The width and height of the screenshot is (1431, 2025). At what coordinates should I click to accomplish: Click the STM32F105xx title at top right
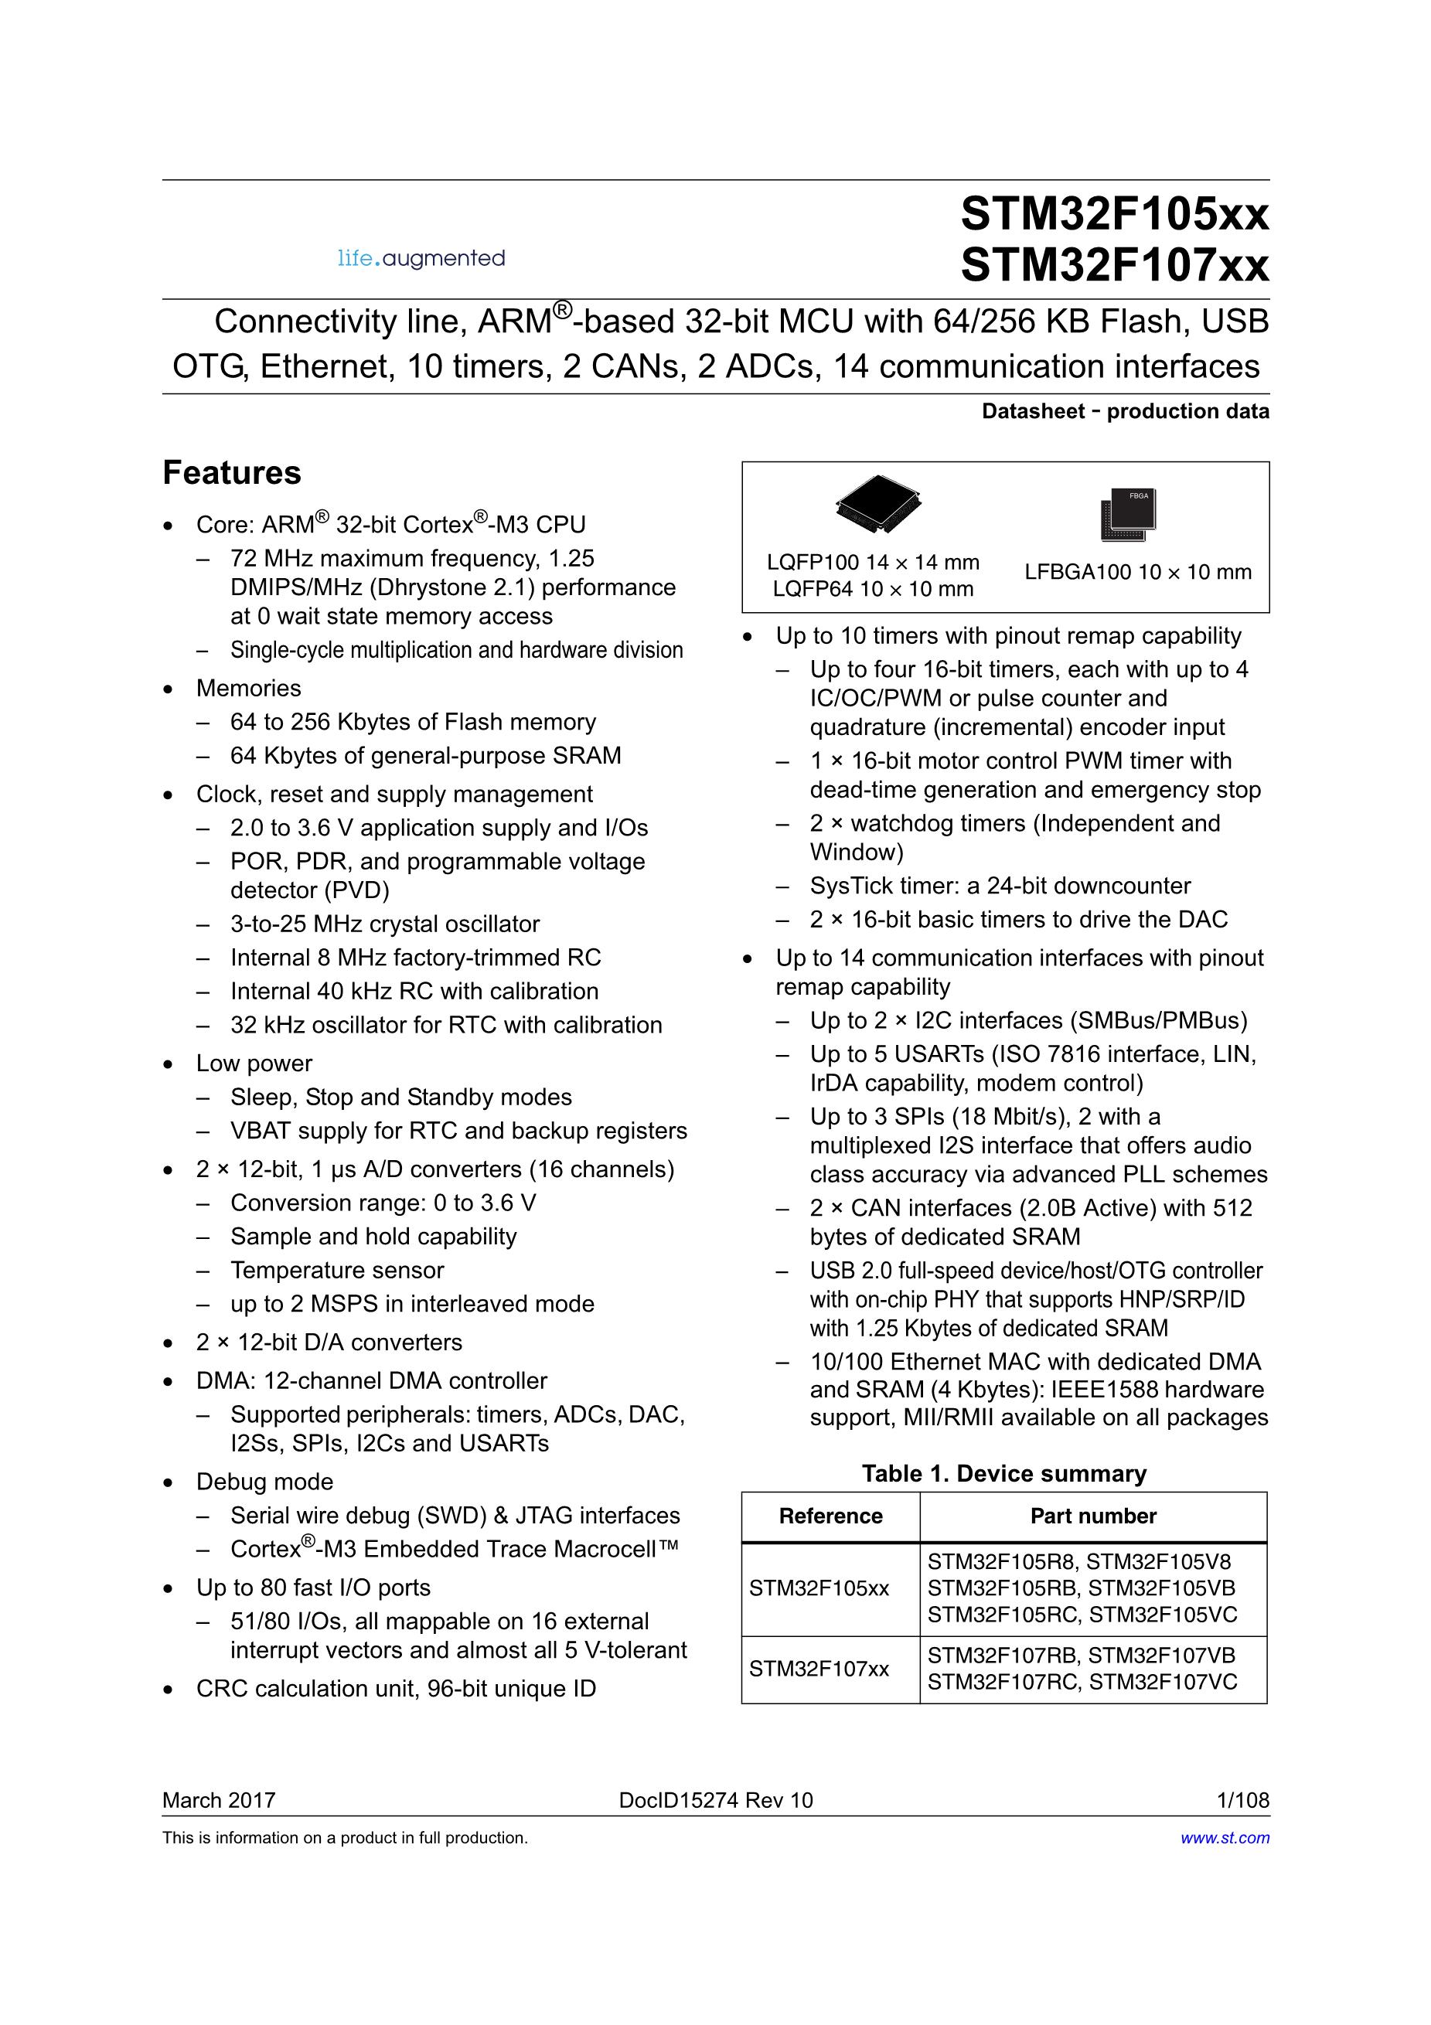pos(1114,213)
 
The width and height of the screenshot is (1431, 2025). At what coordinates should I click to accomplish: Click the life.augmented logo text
pos(421,258)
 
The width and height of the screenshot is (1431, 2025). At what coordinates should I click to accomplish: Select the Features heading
pos(232,473)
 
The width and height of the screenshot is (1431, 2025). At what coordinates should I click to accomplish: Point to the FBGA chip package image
pos(1129,513)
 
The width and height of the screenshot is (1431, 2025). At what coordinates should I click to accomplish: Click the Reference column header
pos(830,1516)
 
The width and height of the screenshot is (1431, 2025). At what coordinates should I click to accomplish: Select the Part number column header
pos(1093,1516)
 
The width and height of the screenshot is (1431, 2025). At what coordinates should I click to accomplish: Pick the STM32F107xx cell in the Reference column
pos(819,1669)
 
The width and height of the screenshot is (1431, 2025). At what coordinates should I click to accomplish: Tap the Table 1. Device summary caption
pos(1004,1474)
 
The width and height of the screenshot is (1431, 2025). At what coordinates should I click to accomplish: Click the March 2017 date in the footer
pos(219,1800)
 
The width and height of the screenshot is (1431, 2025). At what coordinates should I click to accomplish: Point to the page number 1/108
pos(1242,1800)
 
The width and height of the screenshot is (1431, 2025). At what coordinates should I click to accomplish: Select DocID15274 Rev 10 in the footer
pos(716,1800)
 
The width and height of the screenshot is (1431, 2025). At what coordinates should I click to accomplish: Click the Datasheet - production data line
pos(1125,411)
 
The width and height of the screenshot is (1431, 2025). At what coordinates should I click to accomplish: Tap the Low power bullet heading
pos(254,1064)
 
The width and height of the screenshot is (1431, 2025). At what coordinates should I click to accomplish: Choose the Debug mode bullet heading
pos(264,1482)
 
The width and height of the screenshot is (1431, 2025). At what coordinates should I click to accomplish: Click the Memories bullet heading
pos(249,688)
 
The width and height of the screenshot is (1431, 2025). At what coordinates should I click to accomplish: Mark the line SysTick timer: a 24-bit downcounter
pos(1000,886)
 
